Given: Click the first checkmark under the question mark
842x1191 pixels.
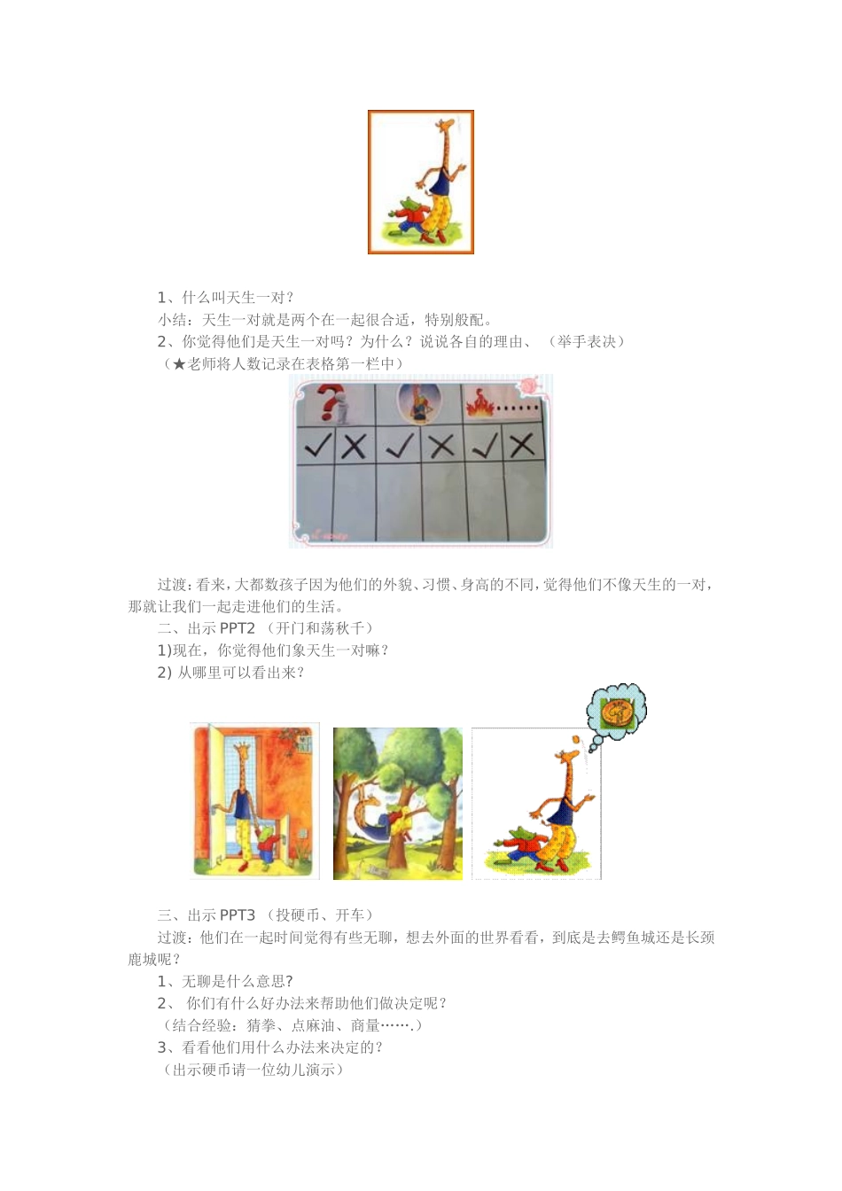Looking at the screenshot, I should pyautogui.click(x=317, y=445).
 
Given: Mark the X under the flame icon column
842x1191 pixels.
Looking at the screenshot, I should pyautogui.click(x=522, y=445).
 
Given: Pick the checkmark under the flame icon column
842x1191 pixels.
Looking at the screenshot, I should pyautogui.click(x=485, y=445).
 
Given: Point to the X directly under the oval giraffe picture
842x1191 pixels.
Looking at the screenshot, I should pyautogui.click(x=441, y=445).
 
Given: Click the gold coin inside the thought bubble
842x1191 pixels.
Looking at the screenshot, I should pyautogui.click(x=615, y=712).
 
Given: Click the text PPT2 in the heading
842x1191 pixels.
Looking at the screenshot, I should pyautogui.click(x=238, y=628).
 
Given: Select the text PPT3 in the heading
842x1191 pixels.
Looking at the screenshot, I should pyautogui.click(x=238, y=915).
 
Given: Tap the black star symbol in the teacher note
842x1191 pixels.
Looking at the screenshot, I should pyautogui.click(x=179, y=364).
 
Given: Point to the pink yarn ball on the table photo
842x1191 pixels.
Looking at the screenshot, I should pyautogui.click(x=532, y=385).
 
